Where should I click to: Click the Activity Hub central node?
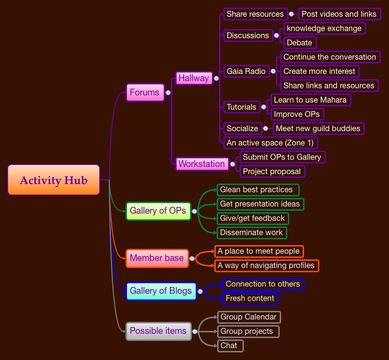53,180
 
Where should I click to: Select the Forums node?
145,93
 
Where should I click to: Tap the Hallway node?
193,78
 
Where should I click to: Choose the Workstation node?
201,164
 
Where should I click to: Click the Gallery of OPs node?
158,211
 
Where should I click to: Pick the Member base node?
157,258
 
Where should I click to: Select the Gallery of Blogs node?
161,291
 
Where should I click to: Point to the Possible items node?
158,331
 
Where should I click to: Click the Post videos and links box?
339,14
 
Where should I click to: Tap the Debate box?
299,42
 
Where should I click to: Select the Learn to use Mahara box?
310,100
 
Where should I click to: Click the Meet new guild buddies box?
318,128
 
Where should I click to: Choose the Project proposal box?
272,171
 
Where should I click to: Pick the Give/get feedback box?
252,218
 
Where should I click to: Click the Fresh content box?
250,298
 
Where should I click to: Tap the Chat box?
229,345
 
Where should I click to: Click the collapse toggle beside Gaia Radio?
273,72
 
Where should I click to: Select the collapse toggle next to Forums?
168,93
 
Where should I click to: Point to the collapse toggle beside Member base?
192,258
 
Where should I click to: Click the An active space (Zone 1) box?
271,143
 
